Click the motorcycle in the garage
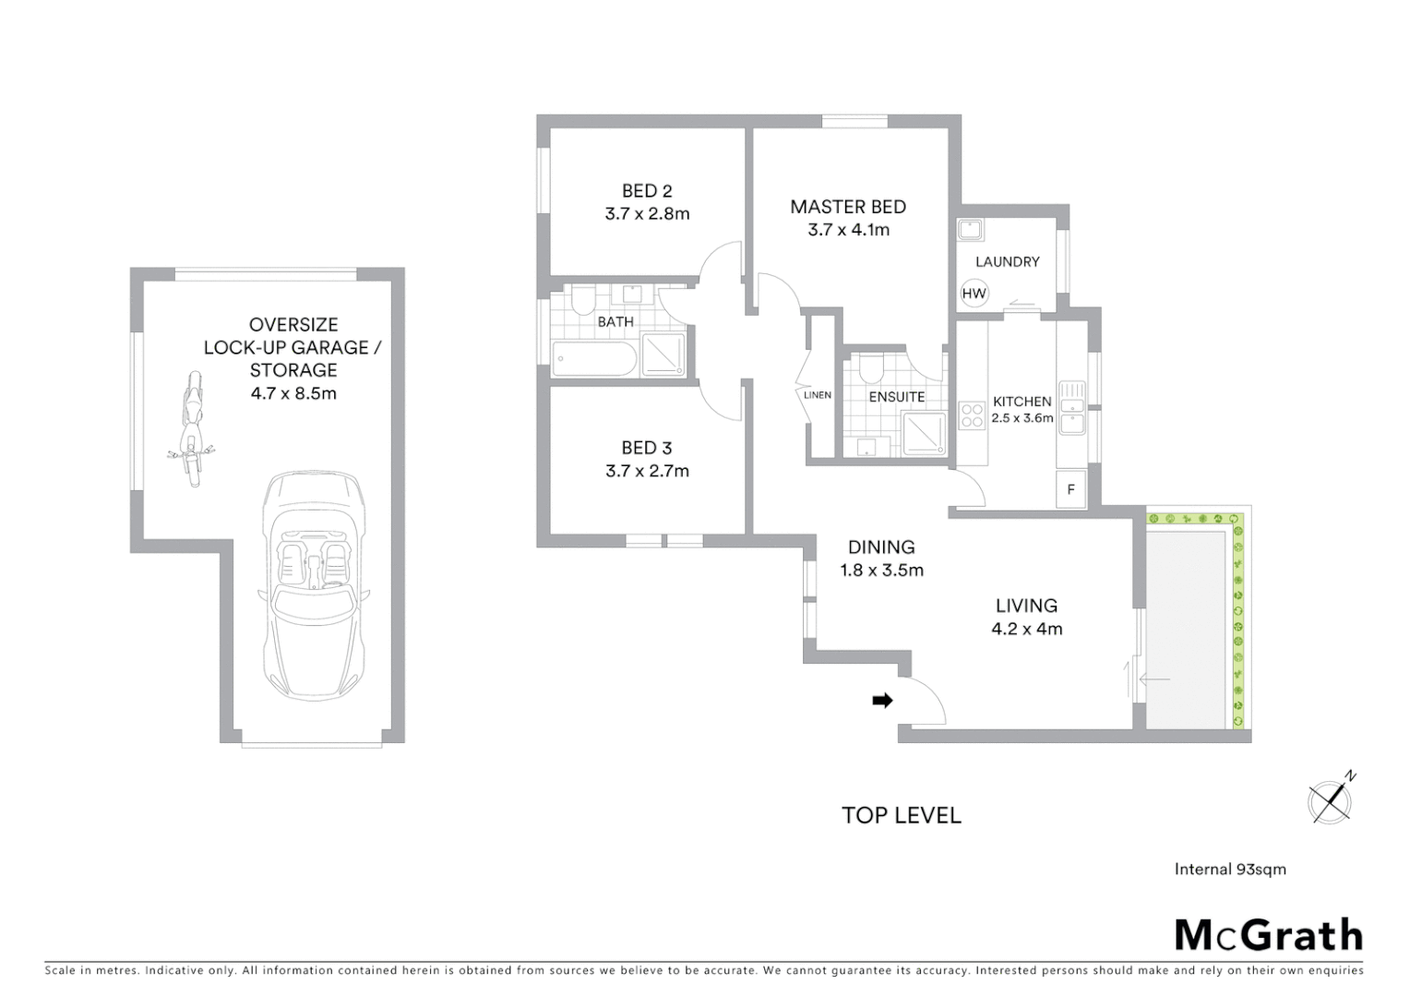coord(191,429)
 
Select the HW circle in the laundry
coord(974,294)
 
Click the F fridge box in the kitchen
coord(1071,489)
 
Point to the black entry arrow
coord(882,701)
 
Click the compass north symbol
coord(1331,799)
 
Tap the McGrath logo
coord(1268,935)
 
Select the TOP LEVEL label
coord(902,815)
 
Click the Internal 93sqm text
coord(1230,869)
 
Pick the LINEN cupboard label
coord(818,395)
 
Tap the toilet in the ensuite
coord(868,369)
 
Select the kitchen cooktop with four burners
coord(972,415)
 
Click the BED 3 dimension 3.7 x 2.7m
coord(647,471)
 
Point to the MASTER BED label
coord(848,207)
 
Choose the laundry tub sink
coord(971,229)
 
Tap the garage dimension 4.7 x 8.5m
coord(293,393)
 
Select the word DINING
coord(881,547)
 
